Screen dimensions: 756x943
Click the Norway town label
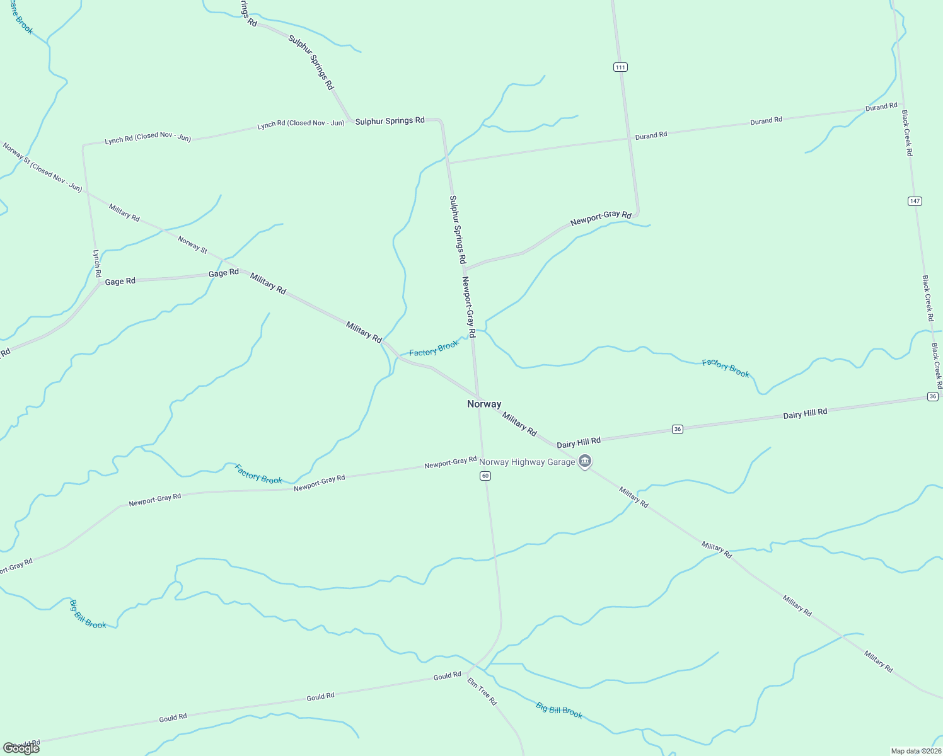484,404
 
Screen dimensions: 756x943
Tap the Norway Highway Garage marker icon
585,462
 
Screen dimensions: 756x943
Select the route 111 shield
620,67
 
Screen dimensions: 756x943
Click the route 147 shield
915,201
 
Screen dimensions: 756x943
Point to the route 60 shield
485,476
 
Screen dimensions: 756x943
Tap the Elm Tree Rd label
482,691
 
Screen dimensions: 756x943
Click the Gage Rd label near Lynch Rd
120,282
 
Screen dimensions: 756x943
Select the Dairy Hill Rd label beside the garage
578,442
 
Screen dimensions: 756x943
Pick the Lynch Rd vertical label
97,264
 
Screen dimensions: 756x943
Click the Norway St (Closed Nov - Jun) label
42,167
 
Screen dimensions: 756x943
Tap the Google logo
21,748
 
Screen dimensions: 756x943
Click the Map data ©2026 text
915,751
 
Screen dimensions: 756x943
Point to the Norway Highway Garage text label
527,462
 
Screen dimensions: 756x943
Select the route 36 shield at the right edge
933,396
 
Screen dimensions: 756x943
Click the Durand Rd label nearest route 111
651,135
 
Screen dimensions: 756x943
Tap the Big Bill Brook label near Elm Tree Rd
559,710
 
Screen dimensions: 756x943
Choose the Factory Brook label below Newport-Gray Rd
258,474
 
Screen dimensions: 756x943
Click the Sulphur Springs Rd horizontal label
390,121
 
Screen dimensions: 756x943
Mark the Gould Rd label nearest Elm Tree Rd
447,676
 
